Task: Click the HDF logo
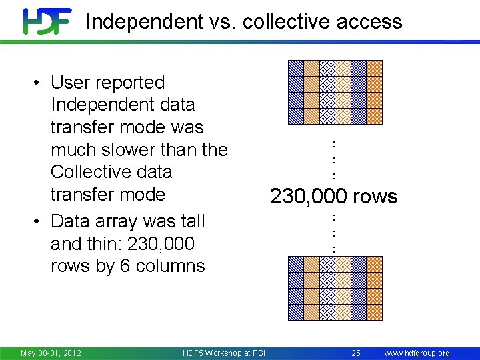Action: pyautogui.click(x=47, y=21)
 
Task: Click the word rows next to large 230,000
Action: pyautogui.click(x=375, y=197)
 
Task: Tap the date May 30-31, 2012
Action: pyautogui.click(x=51, y=353)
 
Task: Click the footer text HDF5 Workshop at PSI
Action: pyautogui.click(x=225, y=353)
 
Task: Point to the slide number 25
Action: pyautogui.click(x=355, y=353)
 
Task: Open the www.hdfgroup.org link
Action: pyautogui.click(x=417, y=353)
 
